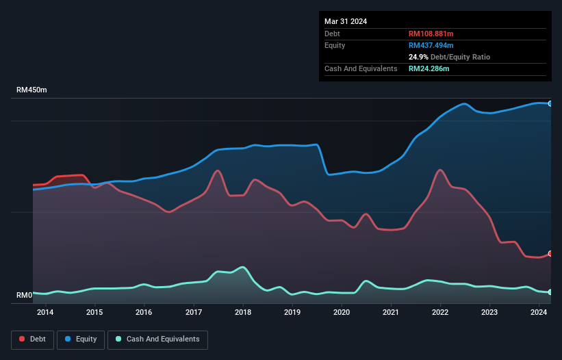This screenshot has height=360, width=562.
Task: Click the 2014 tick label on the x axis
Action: click(x=45, y=313)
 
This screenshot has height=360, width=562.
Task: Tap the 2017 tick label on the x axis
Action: click(x=194, y=313)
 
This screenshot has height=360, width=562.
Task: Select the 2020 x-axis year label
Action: click(x=342, y=313)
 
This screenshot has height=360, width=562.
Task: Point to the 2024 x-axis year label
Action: click(x=539, y=313)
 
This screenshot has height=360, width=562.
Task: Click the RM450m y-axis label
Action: click(x=31, y=90)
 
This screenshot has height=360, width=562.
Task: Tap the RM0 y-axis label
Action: click(x=25, y=296)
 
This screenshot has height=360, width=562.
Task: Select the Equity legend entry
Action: click(x=81, y=339)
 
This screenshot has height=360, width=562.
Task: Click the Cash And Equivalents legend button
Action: click(x=157, y=339)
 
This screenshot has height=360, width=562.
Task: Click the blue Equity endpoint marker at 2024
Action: click(x=550, y=103)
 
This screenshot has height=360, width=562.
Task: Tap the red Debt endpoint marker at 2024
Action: click(x=550, y=254)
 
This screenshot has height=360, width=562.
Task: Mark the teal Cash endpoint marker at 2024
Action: click(x=550, y=292)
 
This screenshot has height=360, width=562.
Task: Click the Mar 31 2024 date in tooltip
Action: click(x=346, y=21)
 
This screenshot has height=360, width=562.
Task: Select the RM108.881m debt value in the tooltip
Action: click(x=431, y=34)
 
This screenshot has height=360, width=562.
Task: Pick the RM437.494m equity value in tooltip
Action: click(x=431, y=45)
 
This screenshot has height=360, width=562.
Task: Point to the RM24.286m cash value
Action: click(x=429, y=68)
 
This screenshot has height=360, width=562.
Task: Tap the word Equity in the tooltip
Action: click(x=335, y=45)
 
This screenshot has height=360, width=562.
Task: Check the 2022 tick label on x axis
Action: click(x=440, y=313)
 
